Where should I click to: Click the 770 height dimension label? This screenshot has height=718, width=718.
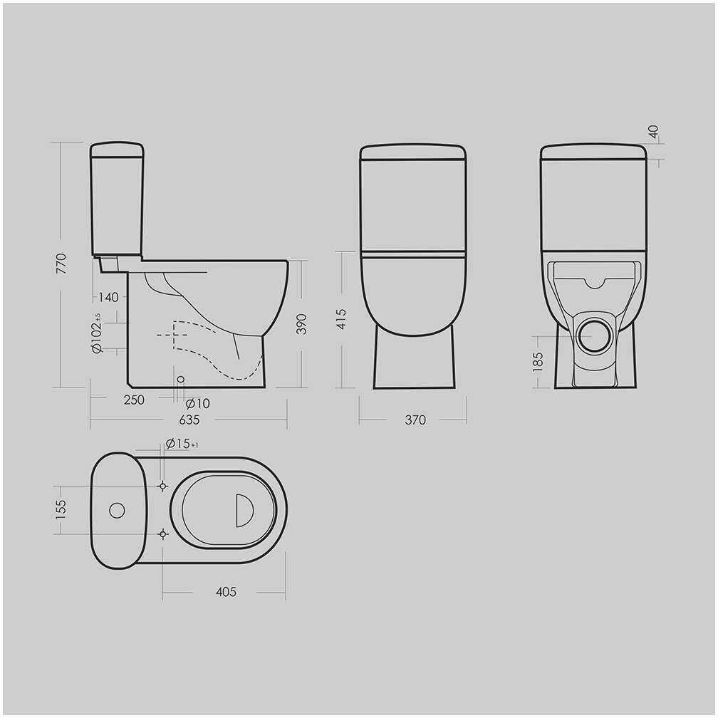tap(61, 264)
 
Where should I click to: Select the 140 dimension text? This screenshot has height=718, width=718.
tap(108, 297)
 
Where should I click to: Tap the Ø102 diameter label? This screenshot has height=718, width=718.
tap(97, 333)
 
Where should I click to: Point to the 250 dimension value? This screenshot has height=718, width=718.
tap(134, 400)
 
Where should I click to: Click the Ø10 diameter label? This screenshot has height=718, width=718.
tap(198, 403)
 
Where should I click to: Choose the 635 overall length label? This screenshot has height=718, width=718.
tap(189, 420)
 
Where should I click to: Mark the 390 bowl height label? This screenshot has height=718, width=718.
tap(301, 324)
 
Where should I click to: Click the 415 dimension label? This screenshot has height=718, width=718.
tap(341, 319)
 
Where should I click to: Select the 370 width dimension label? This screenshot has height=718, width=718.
tap(415, 420)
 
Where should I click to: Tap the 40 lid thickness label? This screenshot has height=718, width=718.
tap(653, 132)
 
